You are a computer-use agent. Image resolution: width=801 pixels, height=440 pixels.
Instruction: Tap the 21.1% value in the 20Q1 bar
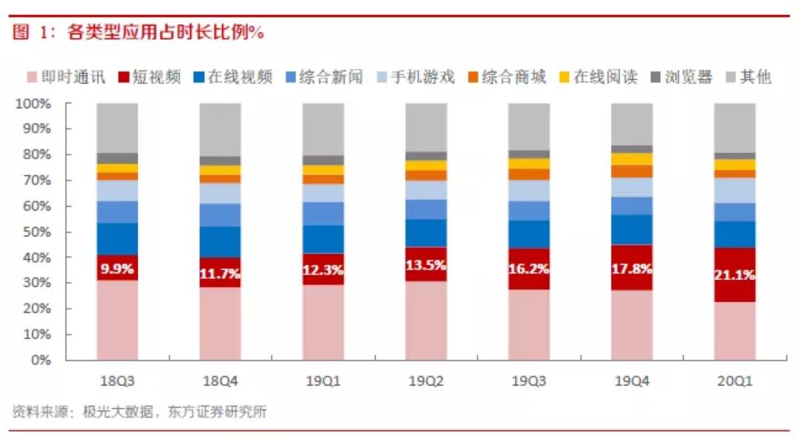click(x=734, y=275)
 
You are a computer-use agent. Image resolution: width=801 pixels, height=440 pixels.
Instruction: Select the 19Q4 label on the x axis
click(x=631, y=381)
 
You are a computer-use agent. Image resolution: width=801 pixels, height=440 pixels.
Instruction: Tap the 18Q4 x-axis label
click(x=220, y=381)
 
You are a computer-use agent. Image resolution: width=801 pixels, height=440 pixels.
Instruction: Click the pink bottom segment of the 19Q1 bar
click(x=323, y=323)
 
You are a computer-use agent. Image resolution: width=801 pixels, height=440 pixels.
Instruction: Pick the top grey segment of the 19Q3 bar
click(x=529, y=126)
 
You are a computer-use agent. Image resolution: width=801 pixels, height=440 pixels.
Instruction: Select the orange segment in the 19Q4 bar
click(x=631, y=171)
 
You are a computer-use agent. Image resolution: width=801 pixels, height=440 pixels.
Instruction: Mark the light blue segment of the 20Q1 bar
click(x=734, y=191)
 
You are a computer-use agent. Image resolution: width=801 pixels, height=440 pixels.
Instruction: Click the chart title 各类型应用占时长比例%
click(x=167, y=33)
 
